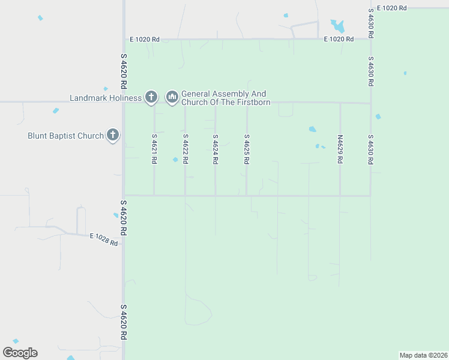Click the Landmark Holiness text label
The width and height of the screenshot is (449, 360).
106,98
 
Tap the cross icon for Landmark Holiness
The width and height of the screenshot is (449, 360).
151,97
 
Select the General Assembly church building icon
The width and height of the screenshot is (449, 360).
172,97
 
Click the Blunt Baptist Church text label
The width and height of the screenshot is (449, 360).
66,136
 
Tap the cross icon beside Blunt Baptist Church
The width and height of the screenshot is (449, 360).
113,136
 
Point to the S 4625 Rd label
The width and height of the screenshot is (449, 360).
246,149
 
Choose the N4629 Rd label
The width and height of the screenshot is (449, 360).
340,149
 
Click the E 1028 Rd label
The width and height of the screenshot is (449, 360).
104,239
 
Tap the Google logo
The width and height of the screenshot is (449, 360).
20,353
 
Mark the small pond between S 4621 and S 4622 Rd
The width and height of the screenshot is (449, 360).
175,160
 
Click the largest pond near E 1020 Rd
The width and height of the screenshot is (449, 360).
338,26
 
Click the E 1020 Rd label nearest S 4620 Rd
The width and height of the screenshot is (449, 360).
145,40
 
